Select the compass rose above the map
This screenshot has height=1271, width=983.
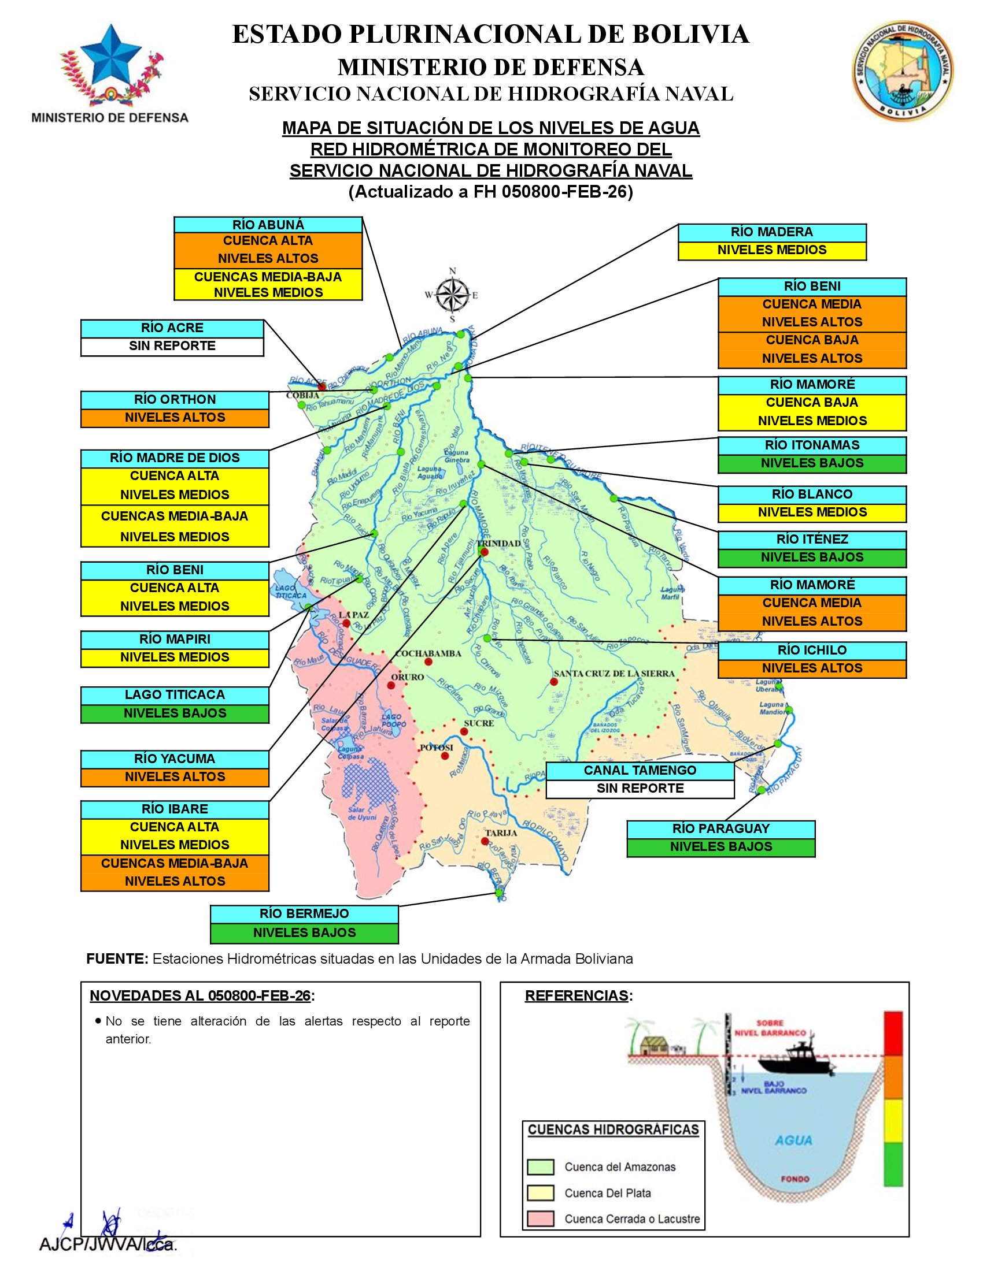tap(453, 295)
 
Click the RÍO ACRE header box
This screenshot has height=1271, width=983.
tap(172, 328)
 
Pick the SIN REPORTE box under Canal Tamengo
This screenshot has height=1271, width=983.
tap(640, 789)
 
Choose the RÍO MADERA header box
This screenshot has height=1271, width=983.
tap(771, 232)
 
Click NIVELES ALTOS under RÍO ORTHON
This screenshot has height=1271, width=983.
tap(175, 418)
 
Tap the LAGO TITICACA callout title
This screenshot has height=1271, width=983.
tap(175, 695)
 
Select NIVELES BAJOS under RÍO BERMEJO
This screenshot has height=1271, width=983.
tap(304, 933)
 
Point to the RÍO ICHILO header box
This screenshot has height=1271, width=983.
tap(812, 651)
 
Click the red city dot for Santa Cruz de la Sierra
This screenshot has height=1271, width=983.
tap(553, 682)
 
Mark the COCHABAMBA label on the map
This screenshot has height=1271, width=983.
tap(428, 653)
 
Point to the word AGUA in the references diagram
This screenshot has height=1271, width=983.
tap(793, 1140)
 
